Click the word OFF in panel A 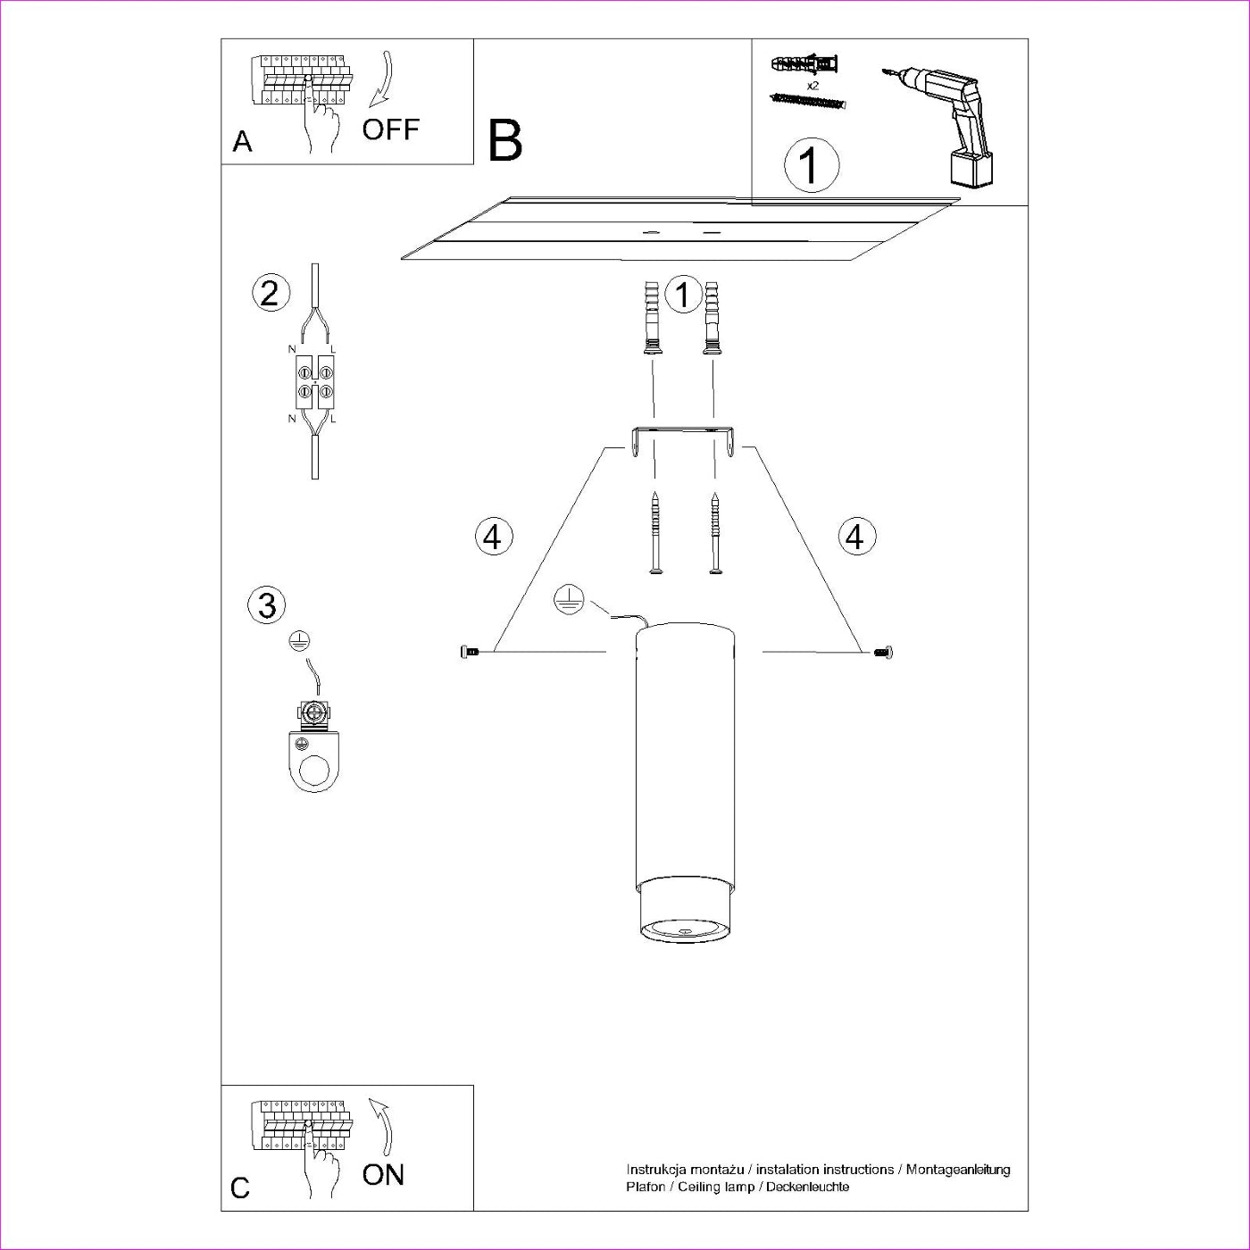tap(390, 129)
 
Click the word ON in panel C tap(383, 1174)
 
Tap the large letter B tap(504, 140)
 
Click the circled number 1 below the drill tap(811, 165)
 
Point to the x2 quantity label tap(812, 86)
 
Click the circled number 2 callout tap(271, 293)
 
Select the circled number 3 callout tap(266, 604)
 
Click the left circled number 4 tap(493, 537)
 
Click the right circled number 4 tap(856, 537)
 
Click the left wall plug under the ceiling tap(653, 318)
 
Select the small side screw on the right tap(884, 653)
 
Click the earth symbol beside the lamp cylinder tap(569, 601)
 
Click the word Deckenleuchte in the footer tap(808, 1187)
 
